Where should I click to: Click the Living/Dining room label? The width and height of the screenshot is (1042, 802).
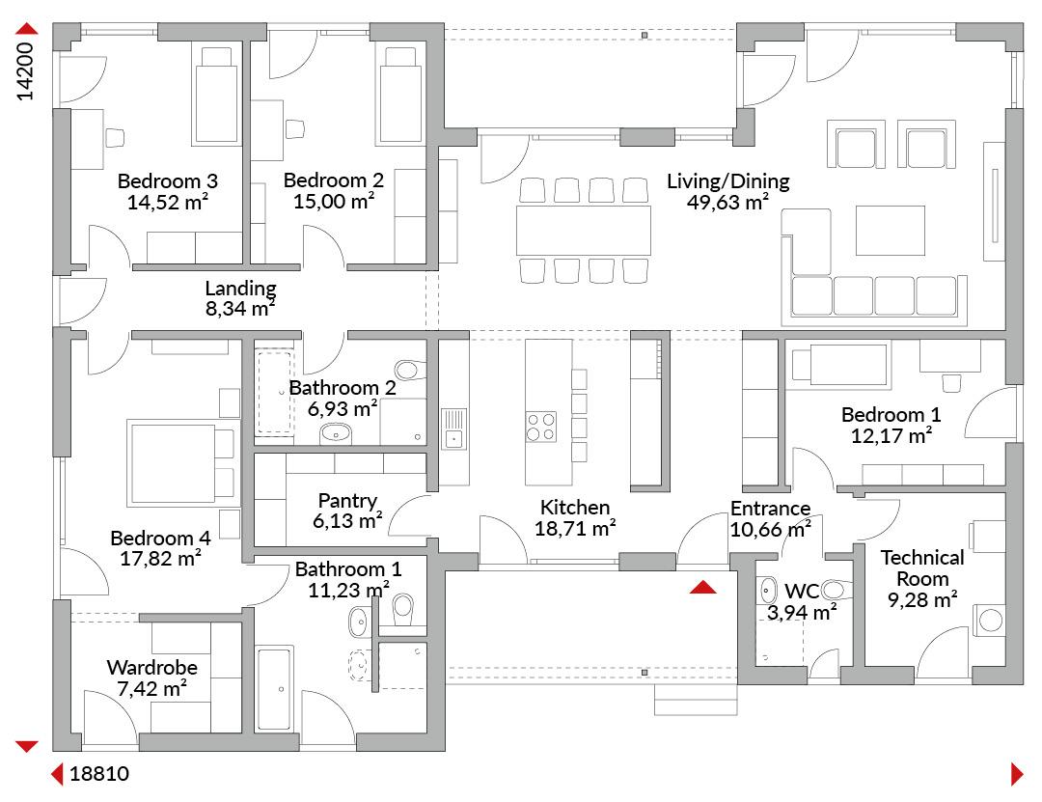(x=727, y=180)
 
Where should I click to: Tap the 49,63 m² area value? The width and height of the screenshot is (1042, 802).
(x=727, y=202)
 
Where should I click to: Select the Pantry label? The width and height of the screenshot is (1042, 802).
(x=347, y=500)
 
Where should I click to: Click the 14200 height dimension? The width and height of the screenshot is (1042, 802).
(x=24, y=71)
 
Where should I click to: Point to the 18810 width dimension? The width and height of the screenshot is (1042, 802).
(x=99, y=773)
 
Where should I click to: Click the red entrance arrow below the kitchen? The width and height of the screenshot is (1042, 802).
(x=702, y=587)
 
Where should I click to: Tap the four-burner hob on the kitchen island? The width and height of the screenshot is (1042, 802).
(x=541, y=427)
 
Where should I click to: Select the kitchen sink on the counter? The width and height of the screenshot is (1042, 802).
(x=453, y=428)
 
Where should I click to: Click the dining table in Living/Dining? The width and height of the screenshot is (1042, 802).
(x=583, y=230)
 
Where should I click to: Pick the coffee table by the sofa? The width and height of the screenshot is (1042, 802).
(x=890, y=231)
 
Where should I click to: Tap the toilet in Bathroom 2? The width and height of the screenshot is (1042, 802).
(x=409, y=370)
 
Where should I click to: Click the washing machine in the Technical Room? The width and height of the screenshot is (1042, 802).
(x=990, y=621)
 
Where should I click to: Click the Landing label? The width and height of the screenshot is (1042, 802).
(x=240, y=288)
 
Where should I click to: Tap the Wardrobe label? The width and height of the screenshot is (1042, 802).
(x=151, y=667)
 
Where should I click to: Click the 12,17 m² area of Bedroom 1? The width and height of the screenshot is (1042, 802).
(x=891, y=435)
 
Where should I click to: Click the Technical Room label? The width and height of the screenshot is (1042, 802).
(x=921, y=567)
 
